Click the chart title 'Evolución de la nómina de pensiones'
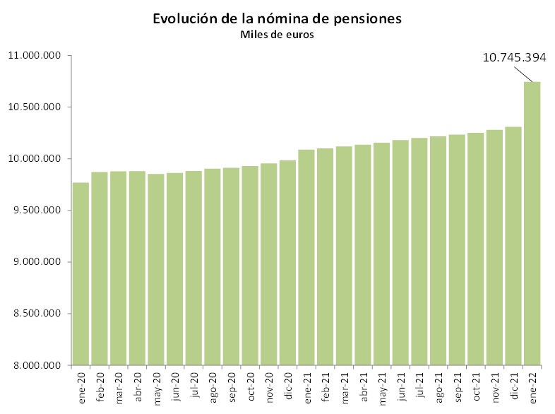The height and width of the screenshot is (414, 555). (x=277, y=19)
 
